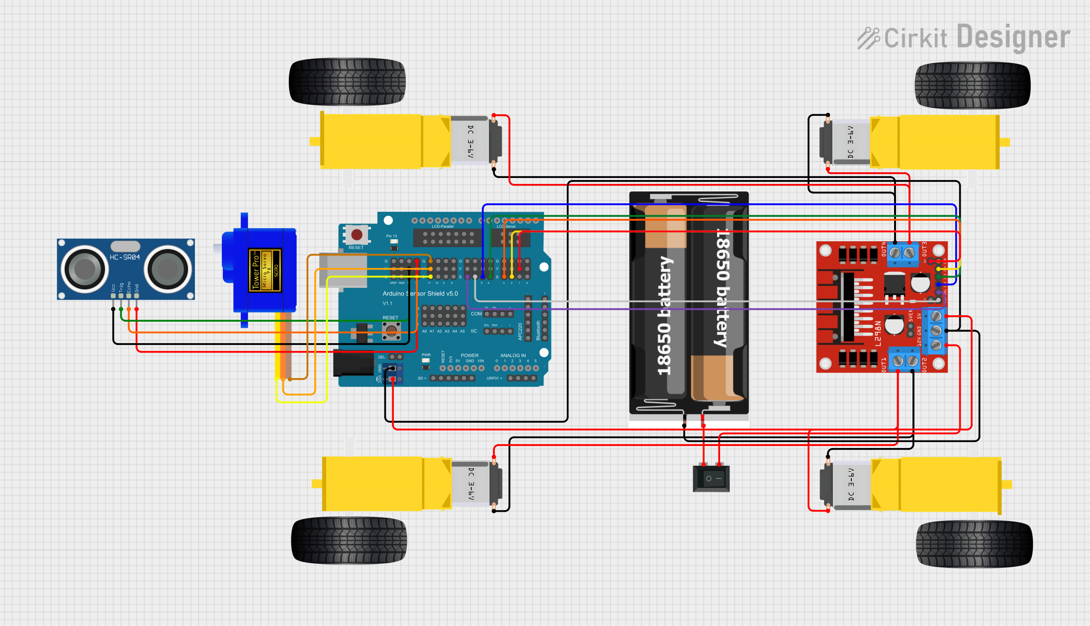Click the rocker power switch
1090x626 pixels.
[x=711, y=478]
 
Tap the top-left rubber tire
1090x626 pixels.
[x=347, y=82]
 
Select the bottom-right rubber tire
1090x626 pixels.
[x=974, y=544]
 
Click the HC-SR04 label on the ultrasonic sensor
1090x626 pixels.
[x=125, y=257]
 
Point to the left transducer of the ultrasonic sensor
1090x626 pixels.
[x=85, y=269]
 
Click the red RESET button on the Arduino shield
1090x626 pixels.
[x=357, y=234]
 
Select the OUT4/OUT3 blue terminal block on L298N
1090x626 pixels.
[x=902, y=253]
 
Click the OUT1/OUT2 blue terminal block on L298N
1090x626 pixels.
[x=905, y=360]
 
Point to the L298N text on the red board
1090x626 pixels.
[x=878, y=333]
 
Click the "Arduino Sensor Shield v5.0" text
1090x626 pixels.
[x=420, y=293]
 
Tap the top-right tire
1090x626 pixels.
[x=972, y=86]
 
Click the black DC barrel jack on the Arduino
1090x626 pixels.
[x=353, y=363]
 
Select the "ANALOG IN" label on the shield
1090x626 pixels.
[x=513, y=356]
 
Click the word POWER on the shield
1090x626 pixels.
[x=469, y=356]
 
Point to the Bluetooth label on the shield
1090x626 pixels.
[x=538, y=330]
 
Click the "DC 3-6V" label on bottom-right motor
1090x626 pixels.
[x=851, y=484]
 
